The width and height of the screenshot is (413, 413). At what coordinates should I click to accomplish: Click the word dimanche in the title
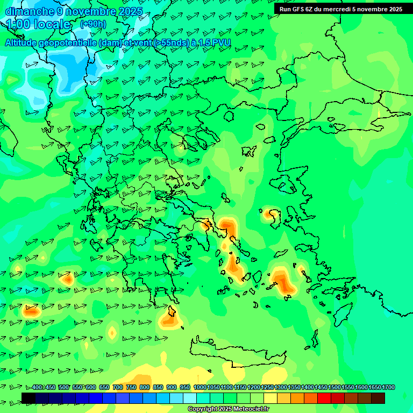[29, 11]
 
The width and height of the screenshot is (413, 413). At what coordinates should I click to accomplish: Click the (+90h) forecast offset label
[93, 24]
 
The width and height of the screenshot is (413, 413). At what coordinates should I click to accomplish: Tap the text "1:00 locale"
[39, 24]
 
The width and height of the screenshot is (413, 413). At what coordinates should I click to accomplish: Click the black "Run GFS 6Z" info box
[340, 9]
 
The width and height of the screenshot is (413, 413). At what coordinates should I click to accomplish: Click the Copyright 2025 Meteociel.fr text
[228, 409]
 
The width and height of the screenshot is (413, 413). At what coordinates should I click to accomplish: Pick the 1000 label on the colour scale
[200, 387]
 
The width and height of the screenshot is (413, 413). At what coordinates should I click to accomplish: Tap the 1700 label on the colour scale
[388, 387]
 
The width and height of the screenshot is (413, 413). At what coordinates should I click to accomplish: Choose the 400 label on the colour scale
[37, 387]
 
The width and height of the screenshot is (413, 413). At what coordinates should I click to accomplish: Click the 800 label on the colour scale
[145, 387]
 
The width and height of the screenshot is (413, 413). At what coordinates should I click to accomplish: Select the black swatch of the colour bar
[29, 398]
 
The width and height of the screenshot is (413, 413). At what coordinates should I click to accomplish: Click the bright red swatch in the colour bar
[324, 398]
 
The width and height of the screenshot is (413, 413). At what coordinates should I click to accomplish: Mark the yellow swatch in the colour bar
[270, 398]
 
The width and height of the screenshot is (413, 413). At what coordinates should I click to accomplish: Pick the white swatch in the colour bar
[190, 398]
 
